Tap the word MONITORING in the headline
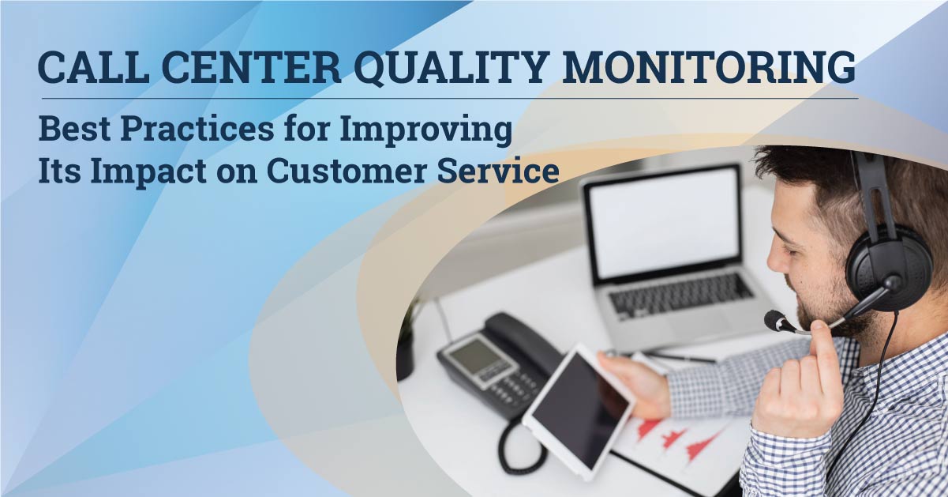pos(709,67)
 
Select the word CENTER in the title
pos(251,68)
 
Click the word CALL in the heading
pos(93,68)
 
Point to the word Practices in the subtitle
pos(197,130)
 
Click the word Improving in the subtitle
pos(425,131)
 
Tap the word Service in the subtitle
pos(498,171)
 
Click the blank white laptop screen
pos(664,223)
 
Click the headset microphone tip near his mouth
pos(775,321)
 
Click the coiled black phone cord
pos(519,448)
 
